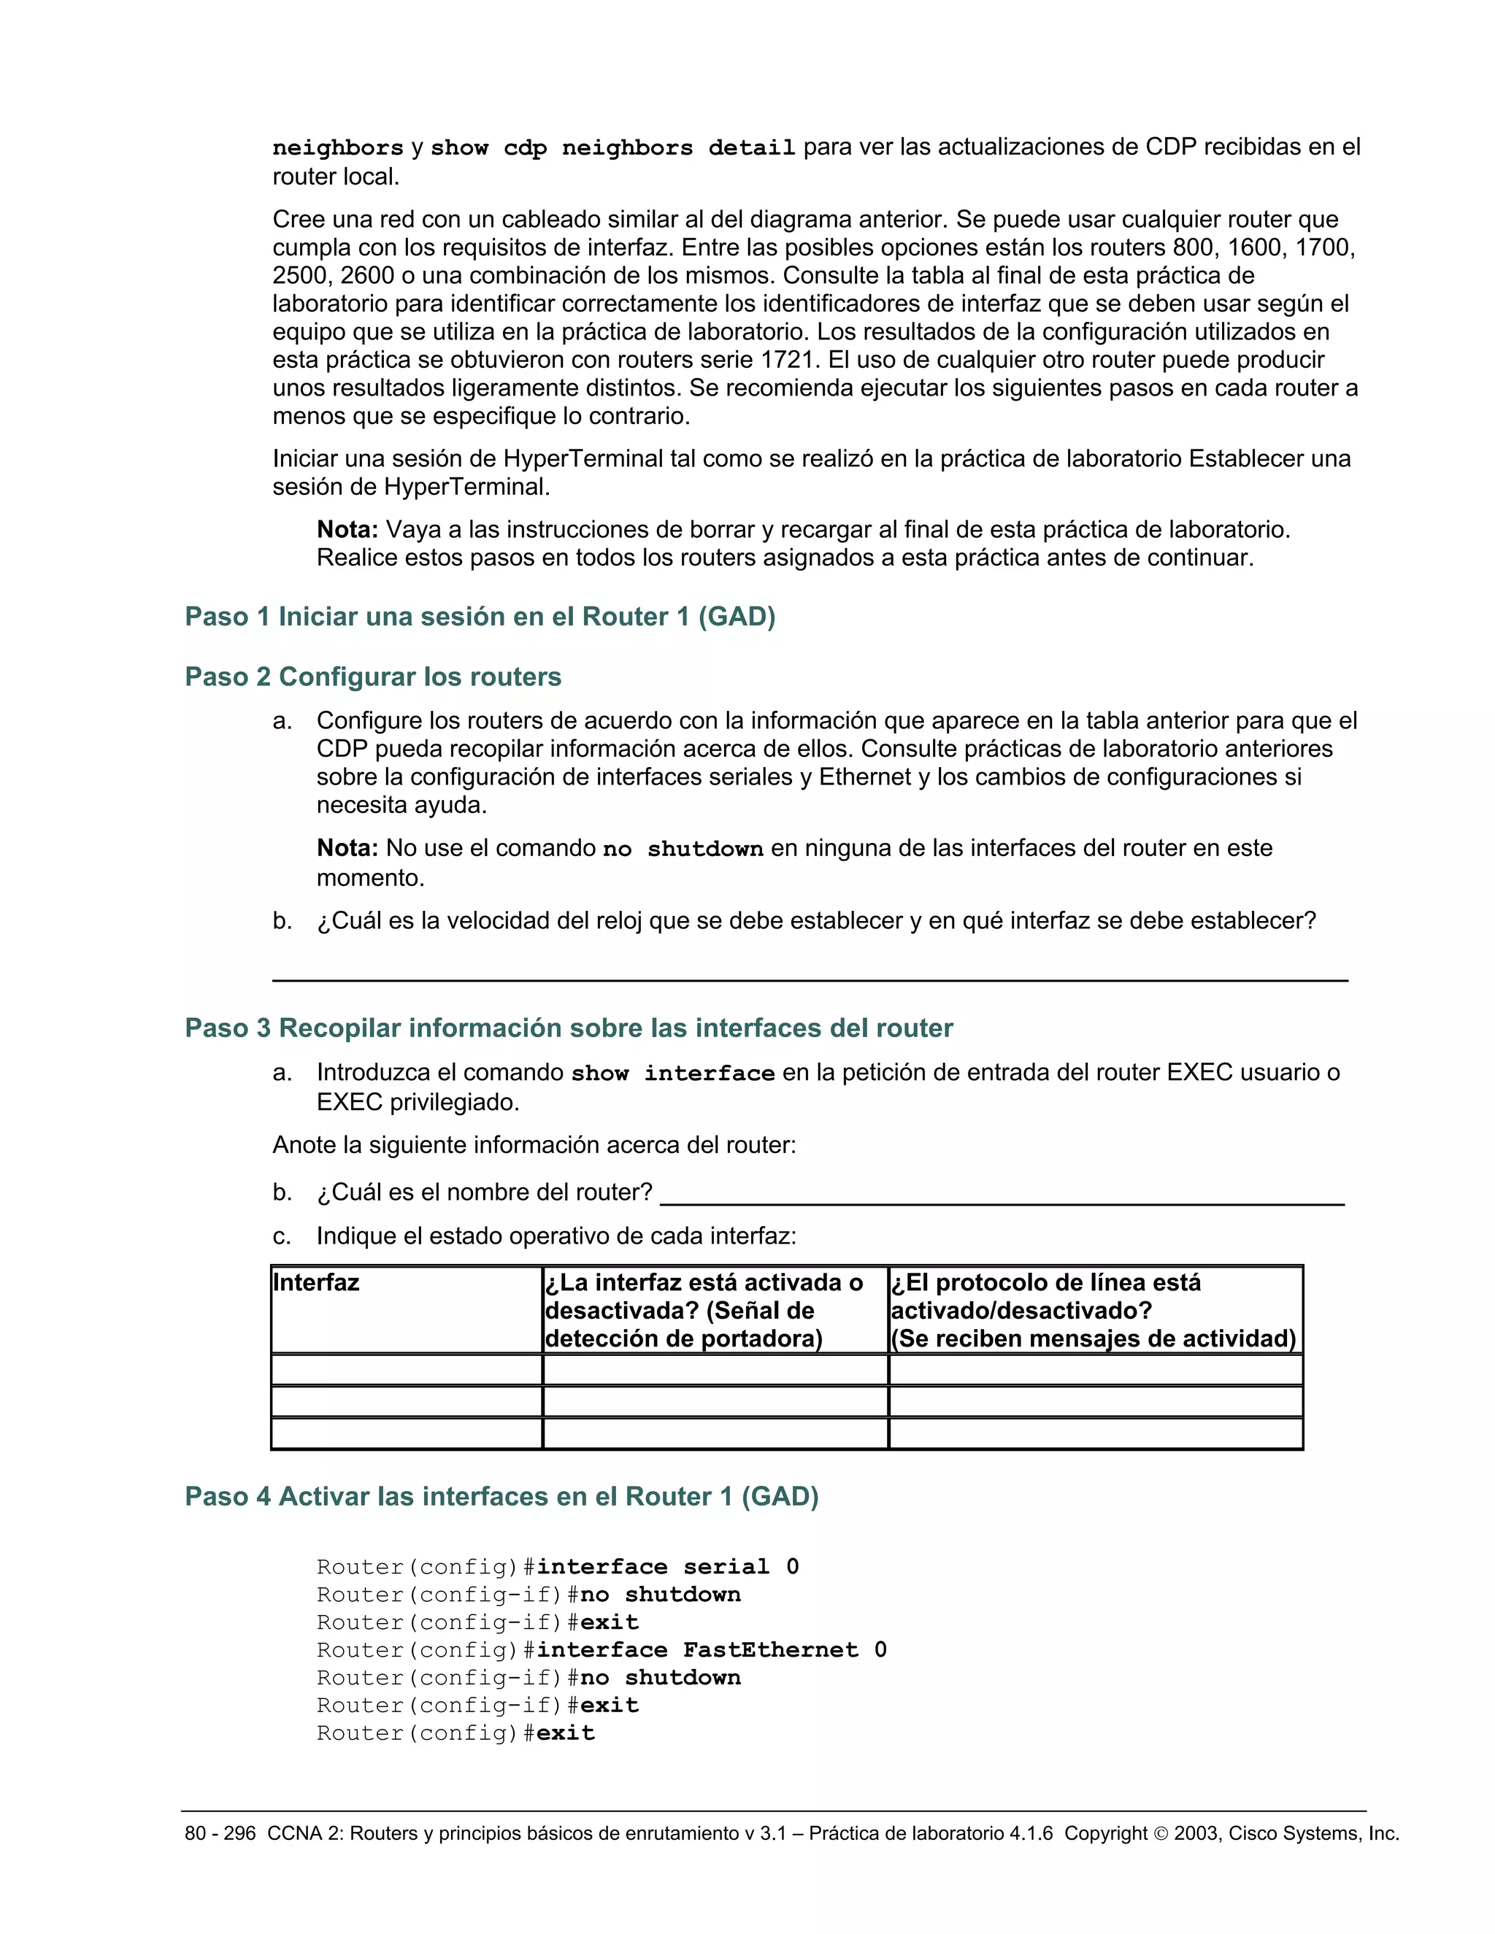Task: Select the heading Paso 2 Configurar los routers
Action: pos(373,677)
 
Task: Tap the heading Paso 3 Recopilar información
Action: pos(569,1028)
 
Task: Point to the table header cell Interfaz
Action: pos(316,1282)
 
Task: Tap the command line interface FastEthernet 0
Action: pos(711,1650)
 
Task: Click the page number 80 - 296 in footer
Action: pos(220,1833)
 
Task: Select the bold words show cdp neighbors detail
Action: pos(613,148)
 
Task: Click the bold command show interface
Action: pos(672,1074)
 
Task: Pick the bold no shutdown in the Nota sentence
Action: pos(683,850)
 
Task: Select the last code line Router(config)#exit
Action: pos(456,1733)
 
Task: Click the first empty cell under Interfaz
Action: pos(406,1370)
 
